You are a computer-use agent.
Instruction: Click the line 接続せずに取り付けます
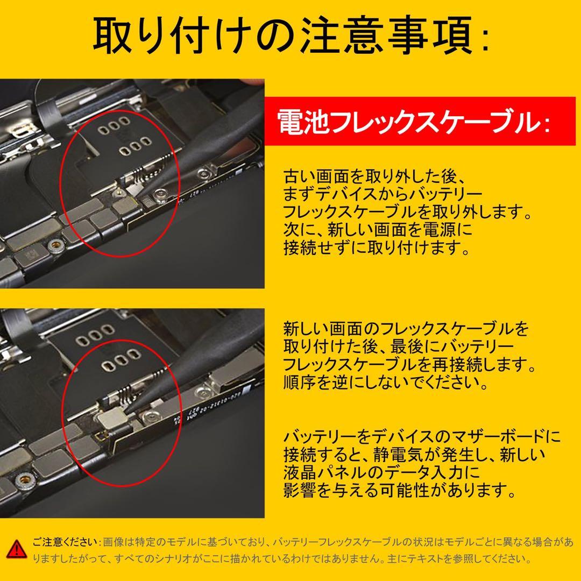coord(376,248)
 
